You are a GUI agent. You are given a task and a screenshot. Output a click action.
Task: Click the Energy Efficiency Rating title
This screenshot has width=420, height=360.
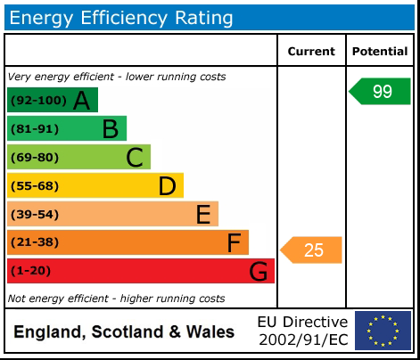[121, 17]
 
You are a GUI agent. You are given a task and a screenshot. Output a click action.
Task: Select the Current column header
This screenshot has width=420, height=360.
[311, 52]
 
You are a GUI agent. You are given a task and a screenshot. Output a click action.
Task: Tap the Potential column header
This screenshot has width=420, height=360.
[380, 52]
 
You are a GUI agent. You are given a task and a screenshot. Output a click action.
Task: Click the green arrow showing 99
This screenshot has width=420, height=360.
[381, 92]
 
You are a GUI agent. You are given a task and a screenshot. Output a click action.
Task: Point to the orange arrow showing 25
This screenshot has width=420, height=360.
[312, 250]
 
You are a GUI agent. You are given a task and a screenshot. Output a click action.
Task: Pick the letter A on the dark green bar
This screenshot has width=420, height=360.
[81, 101]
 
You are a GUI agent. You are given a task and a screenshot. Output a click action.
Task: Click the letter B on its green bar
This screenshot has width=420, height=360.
[110, 129]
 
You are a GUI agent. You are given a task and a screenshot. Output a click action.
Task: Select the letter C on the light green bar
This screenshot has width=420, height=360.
[135, 158]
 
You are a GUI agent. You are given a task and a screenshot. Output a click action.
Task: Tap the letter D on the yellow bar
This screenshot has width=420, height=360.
[167, 186]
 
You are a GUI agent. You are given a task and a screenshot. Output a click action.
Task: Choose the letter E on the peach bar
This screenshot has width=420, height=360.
[203, 215]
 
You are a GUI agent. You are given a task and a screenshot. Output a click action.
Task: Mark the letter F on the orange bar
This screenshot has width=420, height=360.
[234, 242]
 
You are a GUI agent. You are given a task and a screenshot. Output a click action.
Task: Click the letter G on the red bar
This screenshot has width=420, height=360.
[259, 271]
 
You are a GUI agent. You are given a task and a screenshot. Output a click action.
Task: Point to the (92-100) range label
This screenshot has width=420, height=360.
[37, 101]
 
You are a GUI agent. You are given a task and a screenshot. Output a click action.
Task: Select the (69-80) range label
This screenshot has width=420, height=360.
[35, 158]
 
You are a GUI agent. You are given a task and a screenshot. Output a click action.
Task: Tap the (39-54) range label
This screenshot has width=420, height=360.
[35, 215]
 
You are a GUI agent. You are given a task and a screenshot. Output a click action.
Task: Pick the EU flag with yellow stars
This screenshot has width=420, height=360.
[383, 331]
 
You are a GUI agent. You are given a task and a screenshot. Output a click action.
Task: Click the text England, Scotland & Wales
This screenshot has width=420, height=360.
[124, 332]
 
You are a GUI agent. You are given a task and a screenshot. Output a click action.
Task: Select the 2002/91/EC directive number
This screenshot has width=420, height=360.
[302, 340]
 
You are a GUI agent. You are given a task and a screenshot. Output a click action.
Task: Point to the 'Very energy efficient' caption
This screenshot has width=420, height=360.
[116, 77]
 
